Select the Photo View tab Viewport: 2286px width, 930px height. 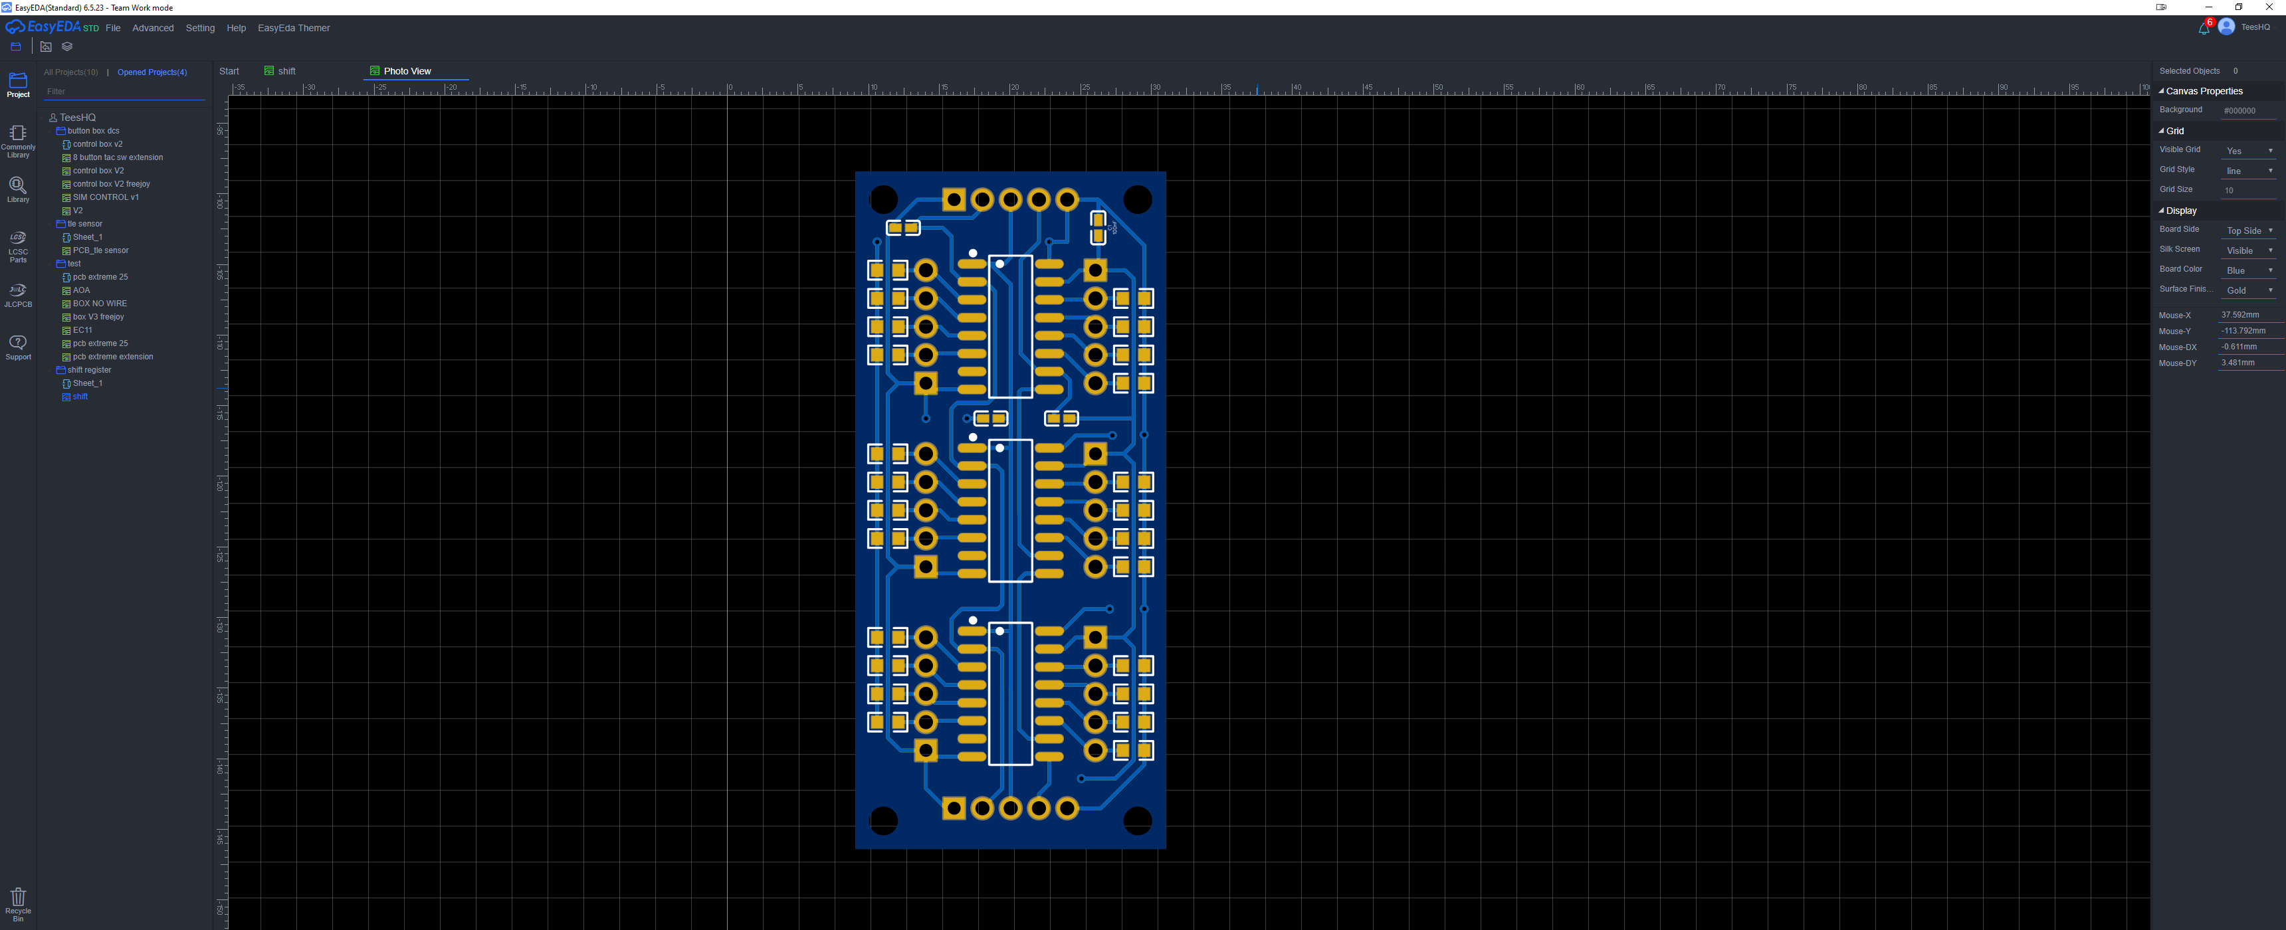pos(407,71)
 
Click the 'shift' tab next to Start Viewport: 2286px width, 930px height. pos(286,71)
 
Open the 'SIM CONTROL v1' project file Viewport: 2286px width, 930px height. pos(106,197)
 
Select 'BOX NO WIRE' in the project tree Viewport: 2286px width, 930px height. pos(100,304)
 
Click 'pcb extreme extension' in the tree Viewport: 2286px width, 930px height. pos(113,357)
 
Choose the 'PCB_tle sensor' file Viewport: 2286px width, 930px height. pos(100,250)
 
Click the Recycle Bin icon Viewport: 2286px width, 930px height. pos(18,899)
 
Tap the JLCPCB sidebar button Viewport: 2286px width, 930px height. pos(18,296)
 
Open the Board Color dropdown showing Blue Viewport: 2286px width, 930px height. pos(2249,270)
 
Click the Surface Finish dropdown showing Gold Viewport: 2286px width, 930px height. pos(2249,290)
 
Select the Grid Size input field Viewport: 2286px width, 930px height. pos(2249,190)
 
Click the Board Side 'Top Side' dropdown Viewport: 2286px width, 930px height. pos(2249,231)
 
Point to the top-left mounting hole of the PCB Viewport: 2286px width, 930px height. pos(883,200)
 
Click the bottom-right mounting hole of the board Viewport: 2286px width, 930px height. pos(1138,821)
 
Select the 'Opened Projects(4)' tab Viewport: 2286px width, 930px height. pos(152,72)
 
